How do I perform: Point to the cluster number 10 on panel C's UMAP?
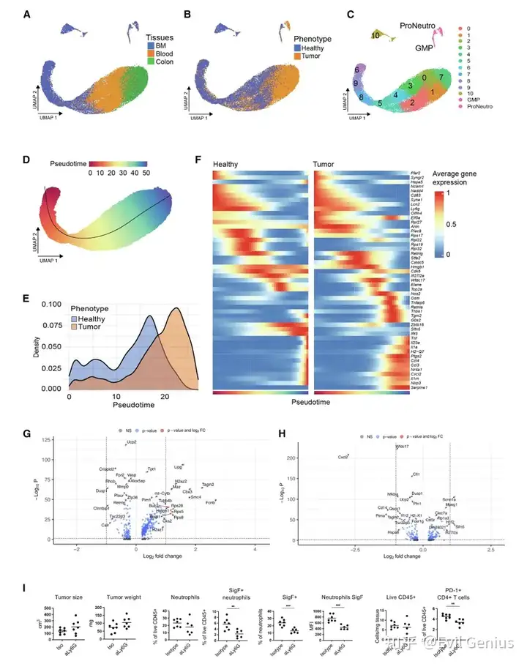point(375,34)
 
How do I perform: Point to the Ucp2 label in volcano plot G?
point(132,443)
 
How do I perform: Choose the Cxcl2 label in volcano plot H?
point(343,456)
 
